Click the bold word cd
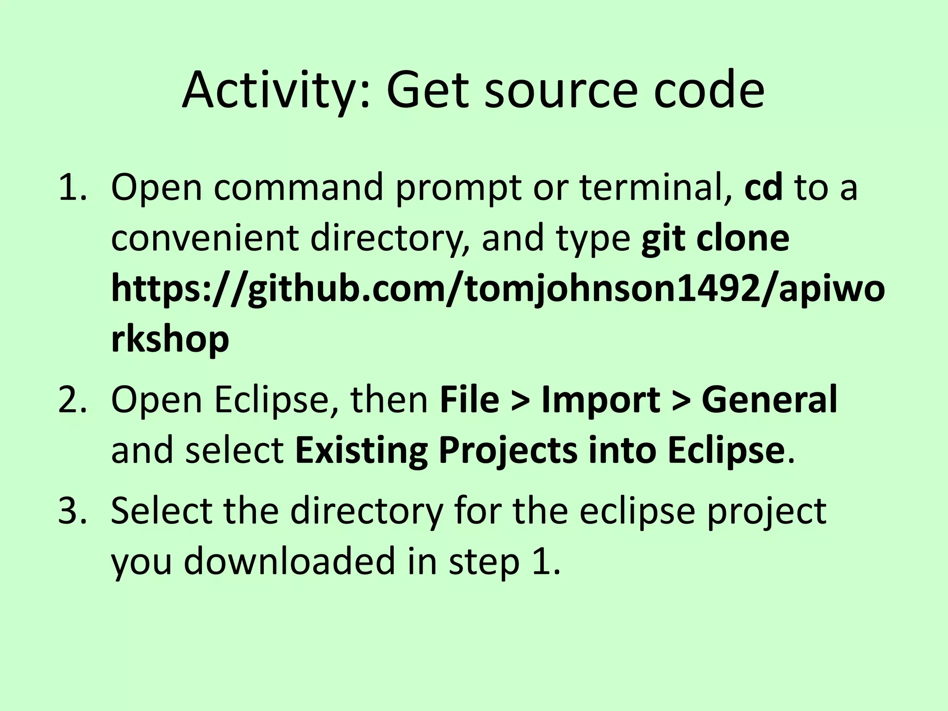pos(763,187)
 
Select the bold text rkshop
pos(170,340)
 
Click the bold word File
pos(469,400)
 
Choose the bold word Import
pos(601,400)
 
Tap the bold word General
pos(769,400)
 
